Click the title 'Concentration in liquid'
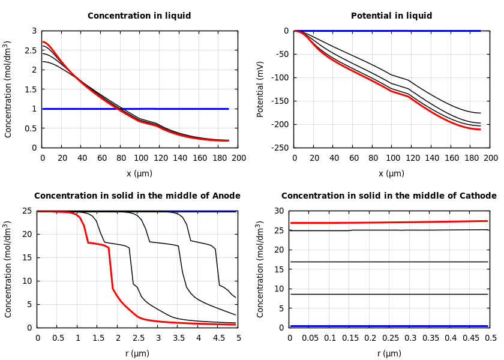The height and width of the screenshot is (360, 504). point(139,16)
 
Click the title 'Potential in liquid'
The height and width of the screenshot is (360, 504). point(391,16)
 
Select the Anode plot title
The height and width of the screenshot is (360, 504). point(137,196)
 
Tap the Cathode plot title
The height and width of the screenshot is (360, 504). point(389,196)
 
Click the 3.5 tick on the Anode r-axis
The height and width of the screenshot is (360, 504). point(178,338)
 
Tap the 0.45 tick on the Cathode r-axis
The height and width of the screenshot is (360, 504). point(471,338)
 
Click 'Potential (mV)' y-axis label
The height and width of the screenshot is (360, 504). point(260,89)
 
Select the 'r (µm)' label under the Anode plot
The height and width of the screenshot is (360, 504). point(137,353)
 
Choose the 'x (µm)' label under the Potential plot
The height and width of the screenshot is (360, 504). point(391,173)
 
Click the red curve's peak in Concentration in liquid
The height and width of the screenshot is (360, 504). point(43,42)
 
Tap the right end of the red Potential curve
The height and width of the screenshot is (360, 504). point(480,129)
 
